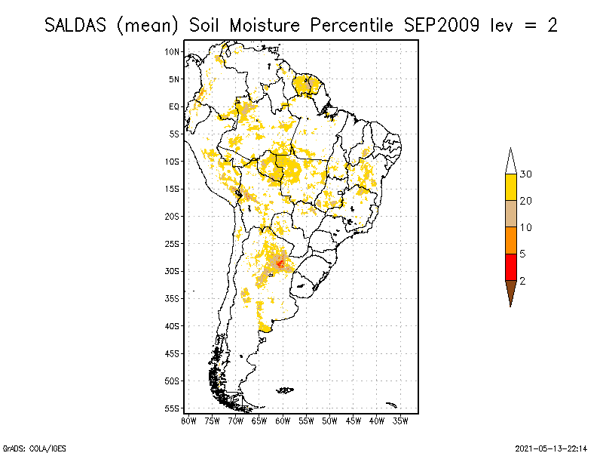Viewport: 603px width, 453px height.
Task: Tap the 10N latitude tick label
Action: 173,51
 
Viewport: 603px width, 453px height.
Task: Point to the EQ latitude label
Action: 174,106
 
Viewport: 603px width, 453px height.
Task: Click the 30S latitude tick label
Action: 173,271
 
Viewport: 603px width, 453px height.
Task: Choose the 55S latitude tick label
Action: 173,408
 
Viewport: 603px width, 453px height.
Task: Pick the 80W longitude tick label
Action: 188,420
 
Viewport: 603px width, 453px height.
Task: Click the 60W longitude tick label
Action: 283,420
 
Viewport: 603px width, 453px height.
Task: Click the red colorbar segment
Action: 511,267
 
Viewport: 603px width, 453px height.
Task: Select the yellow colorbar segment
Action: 511,187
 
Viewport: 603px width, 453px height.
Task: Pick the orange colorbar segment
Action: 511,240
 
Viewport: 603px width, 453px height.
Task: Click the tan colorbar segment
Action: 511,214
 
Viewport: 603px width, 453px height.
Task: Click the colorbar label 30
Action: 526,174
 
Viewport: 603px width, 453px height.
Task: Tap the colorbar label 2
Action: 522,280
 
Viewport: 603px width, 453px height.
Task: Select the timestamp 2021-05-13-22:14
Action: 551,447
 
